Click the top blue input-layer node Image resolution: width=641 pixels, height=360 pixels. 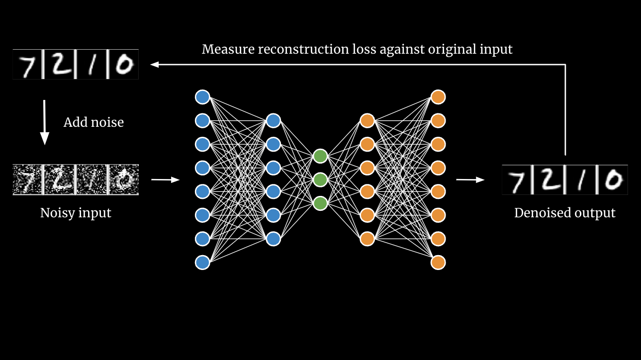click(202, 96)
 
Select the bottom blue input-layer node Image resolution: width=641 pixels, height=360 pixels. click(202, 262)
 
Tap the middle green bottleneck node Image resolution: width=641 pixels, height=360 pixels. click(320, 179)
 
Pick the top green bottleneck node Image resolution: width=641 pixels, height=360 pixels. click(320, 156)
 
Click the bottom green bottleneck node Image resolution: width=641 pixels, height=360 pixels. click(320, 203)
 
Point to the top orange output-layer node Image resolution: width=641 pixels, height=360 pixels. click(438, 96)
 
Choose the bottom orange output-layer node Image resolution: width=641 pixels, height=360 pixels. click(438, 262)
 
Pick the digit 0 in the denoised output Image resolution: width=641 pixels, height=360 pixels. click(613, 180)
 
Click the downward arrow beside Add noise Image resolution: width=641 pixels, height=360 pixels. click(44, 122)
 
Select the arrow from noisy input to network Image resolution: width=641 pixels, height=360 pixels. click(165, 180)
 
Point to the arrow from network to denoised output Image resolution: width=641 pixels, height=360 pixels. click(470, 180)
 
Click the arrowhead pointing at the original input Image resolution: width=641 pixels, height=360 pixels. click(154, 64)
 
